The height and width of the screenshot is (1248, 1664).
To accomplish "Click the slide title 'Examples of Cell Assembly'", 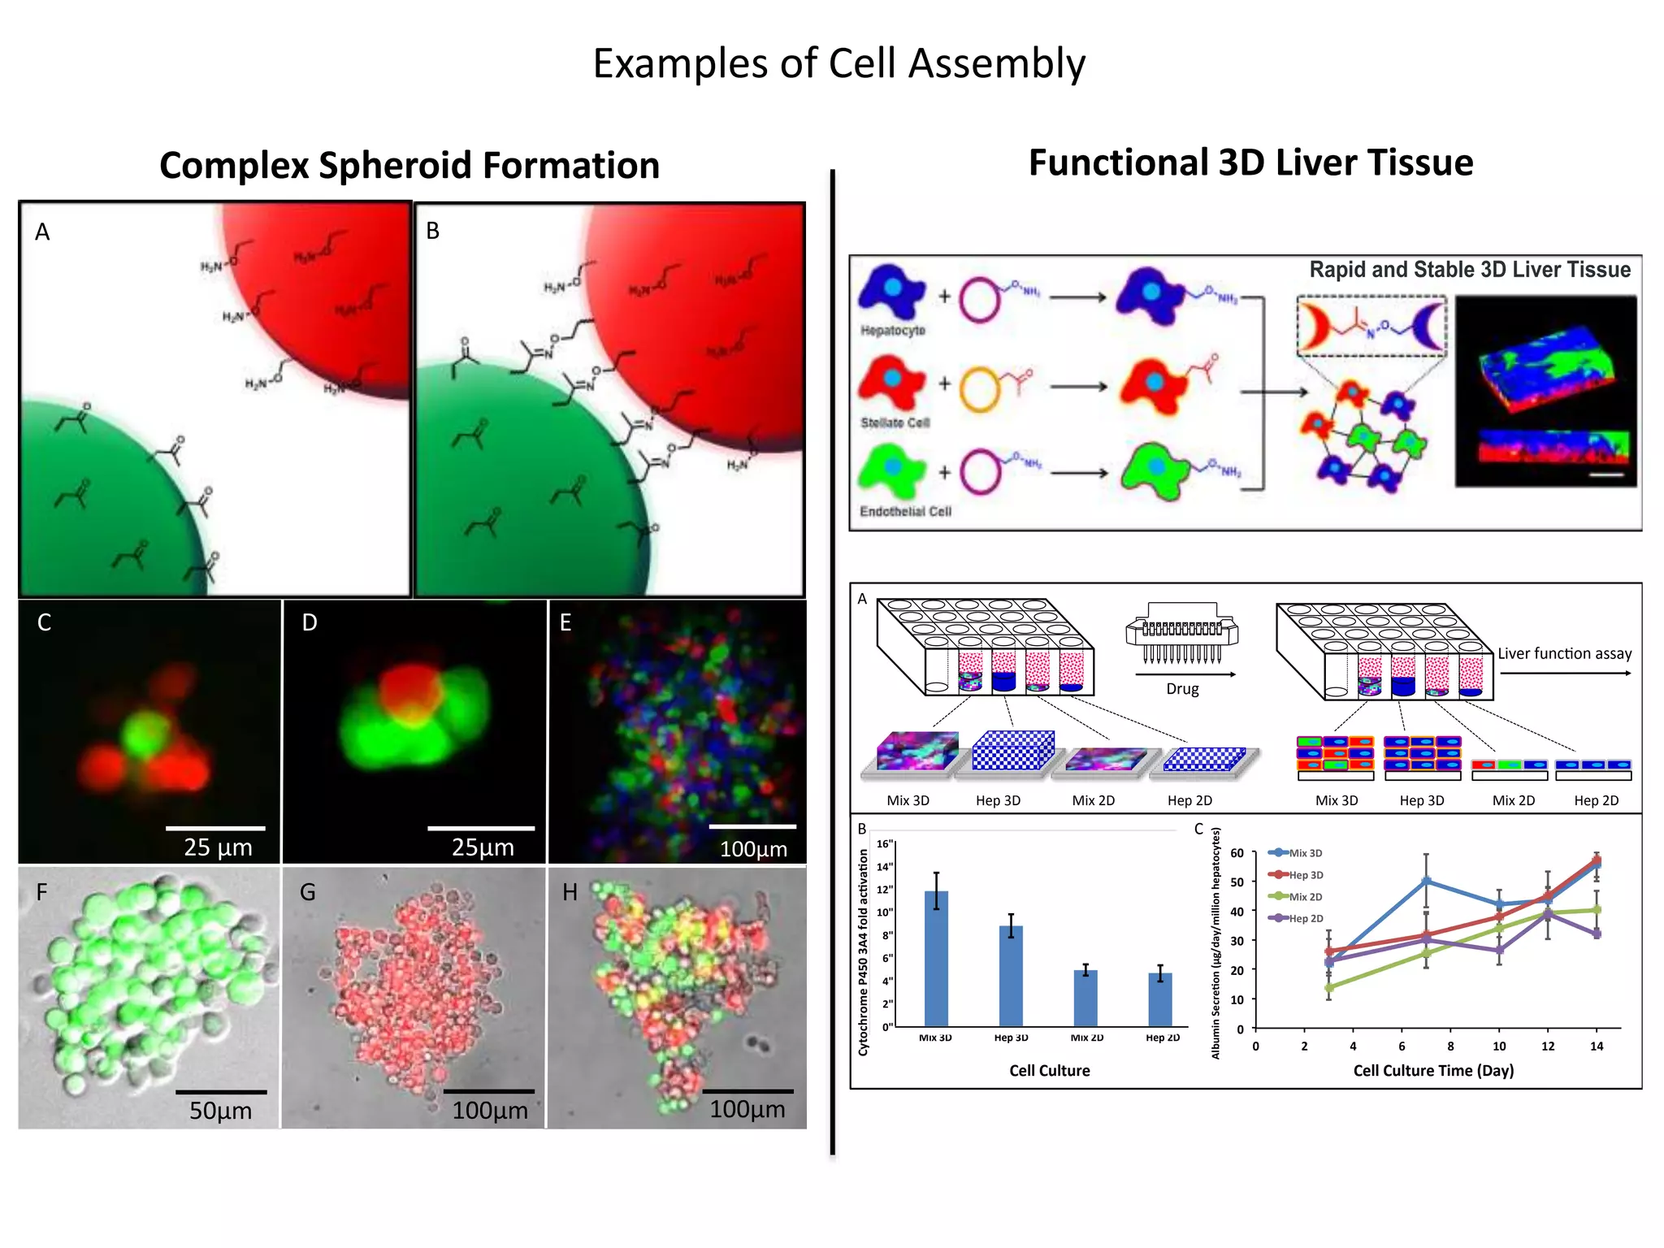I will (838, 64).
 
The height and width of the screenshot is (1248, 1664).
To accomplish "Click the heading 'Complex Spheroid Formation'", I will (409, 166).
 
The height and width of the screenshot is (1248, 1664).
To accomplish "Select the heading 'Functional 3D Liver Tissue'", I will (1250, 162).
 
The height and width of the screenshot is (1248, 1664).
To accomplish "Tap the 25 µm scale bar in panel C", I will (215, 828).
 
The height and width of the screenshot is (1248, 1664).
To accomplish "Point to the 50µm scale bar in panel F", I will (221, 1092).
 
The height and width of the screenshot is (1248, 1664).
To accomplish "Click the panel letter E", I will (565, 623).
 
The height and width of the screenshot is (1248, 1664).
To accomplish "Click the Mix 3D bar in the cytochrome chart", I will (936, 959).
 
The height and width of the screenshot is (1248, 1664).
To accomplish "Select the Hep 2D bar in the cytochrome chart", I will (1160, 999).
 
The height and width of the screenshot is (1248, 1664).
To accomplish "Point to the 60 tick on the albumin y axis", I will (1237, 853).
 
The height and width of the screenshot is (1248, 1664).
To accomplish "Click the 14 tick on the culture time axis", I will (1597, 1046).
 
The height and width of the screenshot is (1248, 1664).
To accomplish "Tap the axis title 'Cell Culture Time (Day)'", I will (1433, 1071).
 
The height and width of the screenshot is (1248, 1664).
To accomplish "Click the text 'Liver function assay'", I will (1564, 654).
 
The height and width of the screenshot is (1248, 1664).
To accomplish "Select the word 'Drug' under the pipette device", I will (1182, 689).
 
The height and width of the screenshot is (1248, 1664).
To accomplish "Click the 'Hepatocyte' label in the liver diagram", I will (893, 331).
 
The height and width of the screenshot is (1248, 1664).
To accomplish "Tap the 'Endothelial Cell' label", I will (905, 512).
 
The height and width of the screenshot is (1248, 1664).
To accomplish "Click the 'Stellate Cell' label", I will (895, 423).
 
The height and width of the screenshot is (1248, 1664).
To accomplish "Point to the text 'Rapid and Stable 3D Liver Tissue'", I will (1469, 270).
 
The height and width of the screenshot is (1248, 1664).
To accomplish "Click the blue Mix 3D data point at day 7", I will (1427, 882).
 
